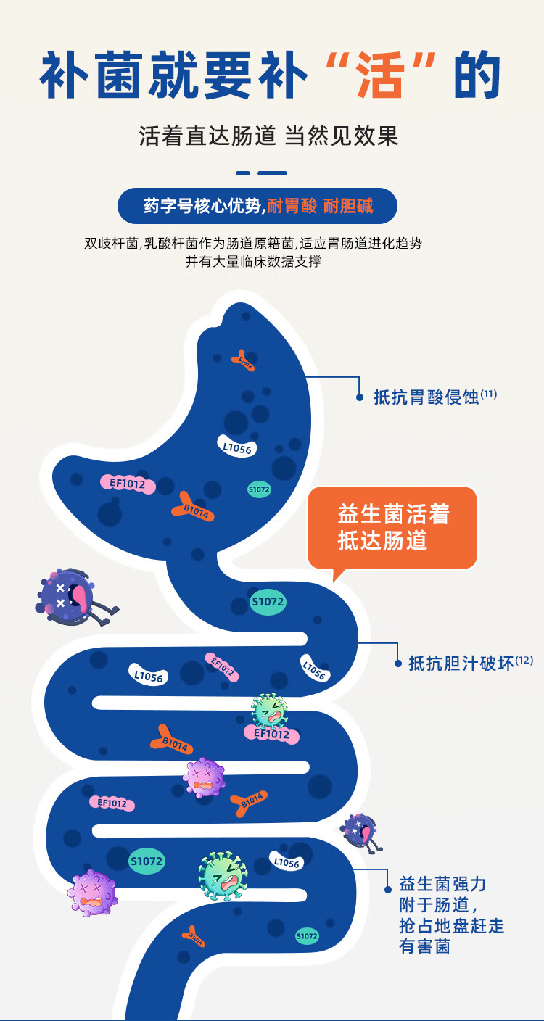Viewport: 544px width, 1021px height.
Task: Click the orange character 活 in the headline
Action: point(382,75)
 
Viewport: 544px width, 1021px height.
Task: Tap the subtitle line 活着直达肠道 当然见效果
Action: point(269,136)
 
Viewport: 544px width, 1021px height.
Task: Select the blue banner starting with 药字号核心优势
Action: point(257,206)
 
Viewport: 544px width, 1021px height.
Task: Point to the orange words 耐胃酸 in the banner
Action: point(292,206)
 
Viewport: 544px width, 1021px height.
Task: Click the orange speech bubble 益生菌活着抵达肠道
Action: point(392,527)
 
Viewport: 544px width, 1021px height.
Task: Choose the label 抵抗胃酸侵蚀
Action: point(426,397)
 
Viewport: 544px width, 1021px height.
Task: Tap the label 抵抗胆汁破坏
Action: point(461,663)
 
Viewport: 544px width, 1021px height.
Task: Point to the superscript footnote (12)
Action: point(524,660)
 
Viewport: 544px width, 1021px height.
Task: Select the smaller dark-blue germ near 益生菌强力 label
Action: point(361,831)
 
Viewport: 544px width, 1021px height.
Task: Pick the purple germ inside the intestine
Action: point(204,777)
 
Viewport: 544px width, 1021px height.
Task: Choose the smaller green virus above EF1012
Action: point(269,711)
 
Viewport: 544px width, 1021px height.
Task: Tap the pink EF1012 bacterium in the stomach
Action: point(128,484)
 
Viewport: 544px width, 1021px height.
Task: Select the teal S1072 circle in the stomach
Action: point(259,490)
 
